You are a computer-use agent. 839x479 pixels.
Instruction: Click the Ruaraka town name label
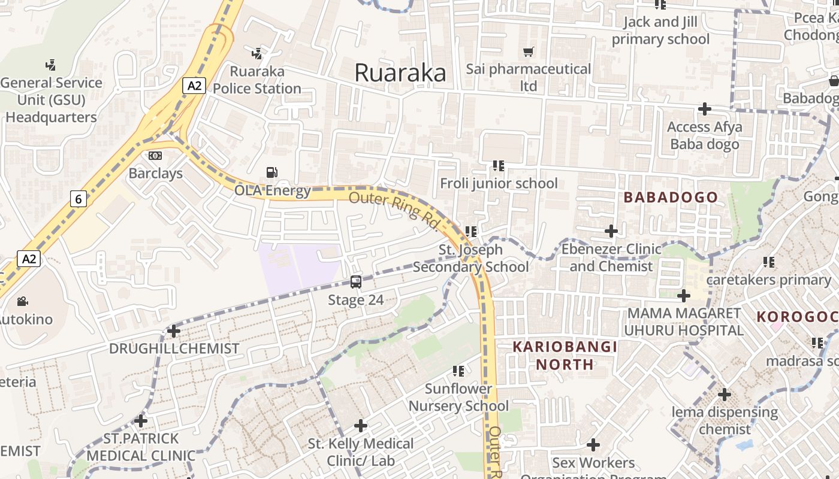point(400,73)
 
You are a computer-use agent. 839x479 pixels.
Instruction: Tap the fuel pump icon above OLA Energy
point(272,172)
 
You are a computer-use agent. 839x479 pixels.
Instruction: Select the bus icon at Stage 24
point(355,281)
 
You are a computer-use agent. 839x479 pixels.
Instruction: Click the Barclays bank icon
point(155,156)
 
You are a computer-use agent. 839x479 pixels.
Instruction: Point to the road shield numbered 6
point(78,198)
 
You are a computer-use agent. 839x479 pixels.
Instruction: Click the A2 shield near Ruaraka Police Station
point(194,86)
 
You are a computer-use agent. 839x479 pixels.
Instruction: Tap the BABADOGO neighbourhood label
point(671,197)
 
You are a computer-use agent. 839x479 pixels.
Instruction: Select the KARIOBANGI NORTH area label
point(565,355)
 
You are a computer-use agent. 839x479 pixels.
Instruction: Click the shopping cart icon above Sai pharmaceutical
point(528,52)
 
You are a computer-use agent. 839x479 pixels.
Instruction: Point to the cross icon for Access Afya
point(705,109)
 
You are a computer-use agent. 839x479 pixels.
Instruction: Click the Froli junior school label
point(499,183)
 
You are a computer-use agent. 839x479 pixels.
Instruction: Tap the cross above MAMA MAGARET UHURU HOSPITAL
point(683,295)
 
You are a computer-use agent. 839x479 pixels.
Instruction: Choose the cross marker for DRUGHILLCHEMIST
point(174,331)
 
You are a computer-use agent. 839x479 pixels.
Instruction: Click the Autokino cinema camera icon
point(23,301)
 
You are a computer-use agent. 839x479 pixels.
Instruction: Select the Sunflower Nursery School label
point(458,397)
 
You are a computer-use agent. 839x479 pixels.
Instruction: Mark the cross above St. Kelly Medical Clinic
point(361,426)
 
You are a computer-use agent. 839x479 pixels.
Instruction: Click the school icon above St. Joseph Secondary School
point(471,231)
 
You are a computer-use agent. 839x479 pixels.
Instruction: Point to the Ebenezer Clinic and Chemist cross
point(611,231)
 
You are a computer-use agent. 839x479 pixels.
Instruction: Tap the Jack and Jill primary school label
point(660,31)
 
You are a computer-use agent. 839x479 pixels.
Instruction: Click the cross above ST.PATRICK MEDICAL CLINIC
point(141,421)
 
